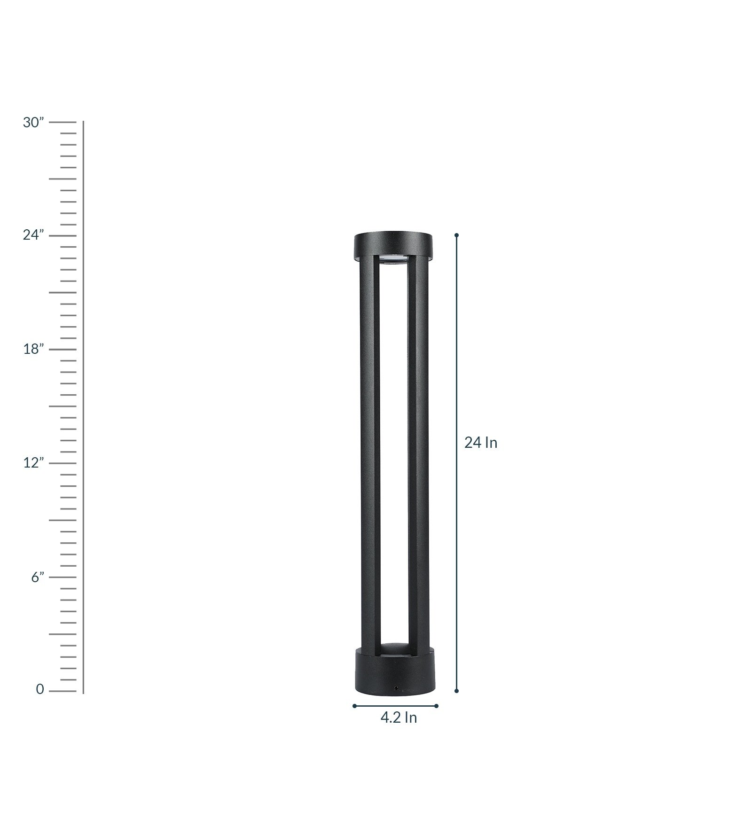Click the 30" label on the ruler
33,123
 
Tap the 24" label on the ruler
33,234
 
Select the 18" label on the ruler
34,349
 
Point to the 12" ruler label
34,462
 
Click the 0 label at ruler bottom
40,689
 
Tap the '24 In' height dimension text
481,443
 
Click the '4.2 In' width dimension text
399,718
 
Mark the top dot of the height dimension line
456,235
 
